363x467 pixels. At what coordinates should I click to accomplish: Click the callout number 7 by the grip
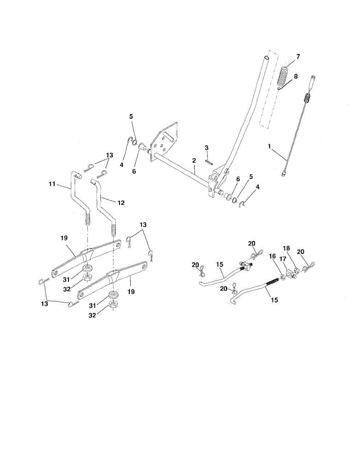coord(298,56)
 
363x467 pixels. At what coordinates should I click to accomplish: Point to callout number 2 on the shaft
coord(193,161)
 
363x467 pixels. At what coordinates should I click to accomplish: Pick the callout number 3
coord(207,147)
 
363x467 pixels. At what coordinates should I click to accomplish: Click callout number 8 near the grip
coord(296,76)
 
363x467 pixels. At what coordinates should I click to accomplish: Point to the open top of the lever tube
coord(267,58)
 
